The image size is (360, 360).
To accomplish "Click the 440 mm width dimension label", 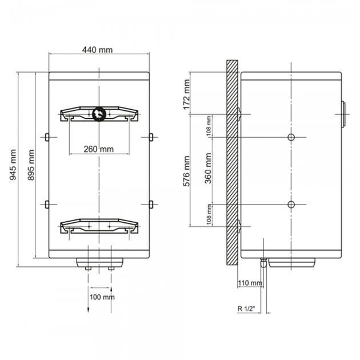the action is pyautogui.click(x=98, y=50).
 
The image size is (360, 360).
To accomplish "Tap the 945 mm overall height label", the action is pyautogui.click(x=13, y=165).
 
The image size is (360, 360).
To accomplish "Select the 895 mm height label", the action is pyautogui.click(x=31, y=165).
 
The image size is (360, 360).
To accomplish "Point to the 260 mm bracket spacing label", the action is pyautogui.click(x=98, y=149).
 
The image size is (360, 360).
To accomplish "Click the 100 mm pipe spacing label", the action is pyautogui.click(x=102, y=297).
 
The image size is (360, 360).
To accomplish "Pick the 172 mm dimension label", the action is pyautogui.click(x=187, y=94).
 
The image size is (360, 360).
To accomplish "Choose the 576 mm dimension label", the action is pyautogui.click(x=187, y=171).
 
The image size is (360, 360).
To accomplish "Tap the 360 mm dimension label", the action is pyautogui.click(x=208, y=169).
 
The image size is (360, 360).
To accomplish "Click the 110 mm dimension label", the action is pyautogui.click(x=250, y=283).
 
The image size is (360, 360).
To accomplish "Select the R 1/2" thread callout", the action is pyautogui.click(x=246, y=309).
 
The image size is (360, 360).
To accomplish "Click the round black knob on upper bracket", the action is pyautogui.click(x=99, y=114).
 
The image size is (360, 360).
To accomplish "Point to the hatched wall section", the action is pyautogui.click(x=232, y=163).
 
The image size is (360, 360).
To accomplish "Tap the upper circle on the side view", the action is pyautogui.click(x=291, y=137).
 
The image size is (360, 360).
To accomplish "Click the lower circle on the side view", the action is pyautogui.click(x=291, y=205).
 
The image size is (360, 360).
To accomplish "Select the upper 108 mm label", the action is pyautogui.click(x=209, y=126).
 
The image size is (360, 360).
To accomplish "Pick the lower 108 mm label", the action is pyautogui.click(x=209, y=215).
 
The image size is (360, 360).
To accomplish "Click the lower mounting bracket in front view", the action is pyautogui.click(x=99, y=226).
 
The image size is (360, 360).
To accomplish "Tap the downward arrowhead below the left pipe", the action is pyautogui.click(x=89, y=310).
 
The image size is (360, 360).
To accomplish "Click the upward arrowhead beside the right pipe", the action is pyautogui.click(x=111, y=289).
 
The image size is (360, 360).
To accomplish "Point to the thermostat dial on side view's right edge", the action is pyautogui.click(x=343, y=114).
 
